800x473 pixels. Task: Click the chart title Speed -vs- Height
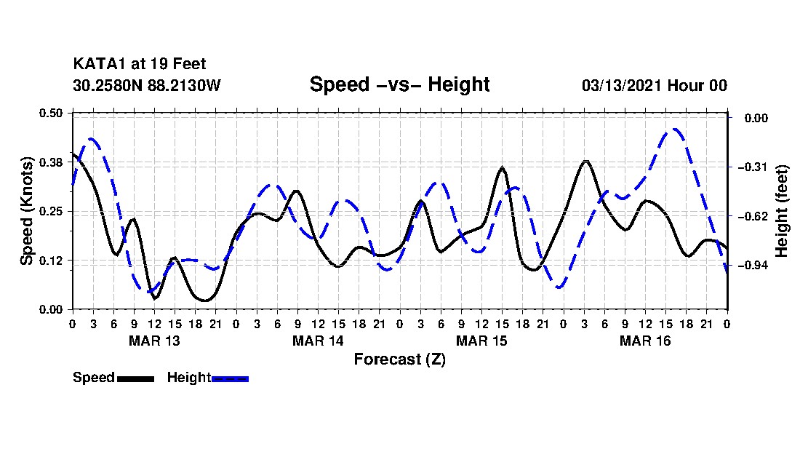[399, 84]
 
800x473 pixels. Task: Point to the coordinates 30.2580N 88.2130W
[146, 86]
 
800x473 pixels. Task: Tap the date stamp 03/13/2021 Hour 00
[654, 86]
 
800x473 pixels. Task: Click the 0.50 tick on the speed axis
[52, 113]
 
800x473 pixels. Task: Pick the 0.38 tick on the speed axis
[52, 162]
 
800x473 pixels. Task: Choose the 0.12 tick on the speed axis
[52, 261]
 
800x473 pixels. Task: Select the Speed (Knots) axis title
[27, 210]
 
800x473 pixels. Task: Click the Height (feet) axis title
[783, 211]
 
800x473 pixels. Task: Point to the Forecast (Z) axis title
[399, 359]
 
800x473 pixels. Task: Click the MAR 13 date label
[154, 341]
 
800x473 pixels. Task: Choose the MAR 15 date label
[481, 341]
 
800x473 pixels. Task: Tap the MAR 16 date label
[645, 341]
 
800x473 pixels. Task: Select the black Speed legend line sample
[135, 378]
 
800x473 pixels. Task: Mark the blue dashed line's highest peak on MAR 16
[675, 130]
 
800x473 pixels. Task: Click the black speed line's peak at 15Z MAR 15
[502, 168]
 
